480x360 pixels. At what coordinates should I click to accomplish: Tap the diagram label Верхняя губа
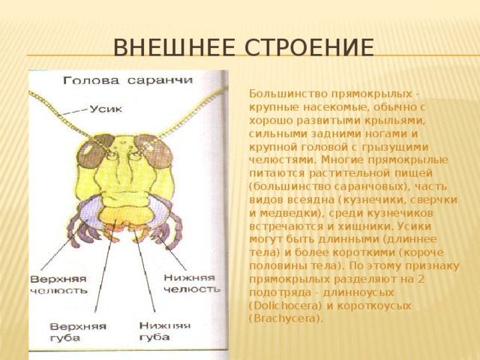[78, 332]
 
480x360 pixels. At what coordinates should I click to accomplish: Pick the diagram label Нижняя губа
[165, 331]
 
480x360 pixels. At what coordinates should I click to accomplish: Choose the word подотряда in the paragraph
[276, 294]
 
